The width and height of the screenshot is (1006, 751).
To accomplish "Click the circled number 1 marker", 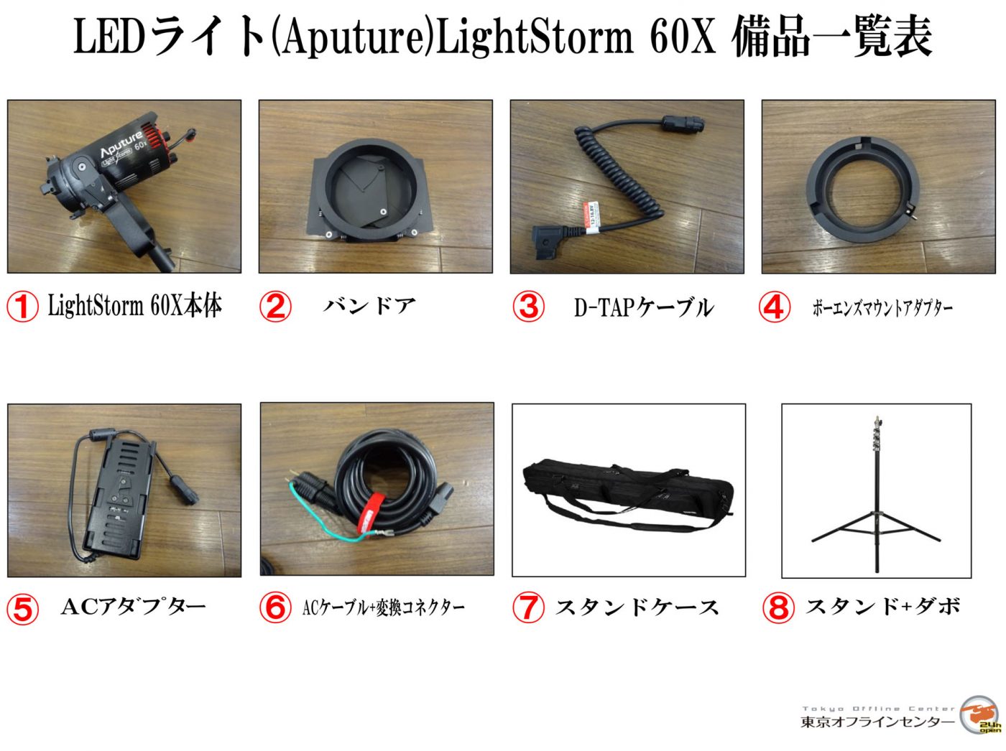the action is (x=22, y=307).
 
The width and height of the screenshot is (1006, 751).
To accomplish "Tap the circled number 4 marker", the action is (x=775, y=307).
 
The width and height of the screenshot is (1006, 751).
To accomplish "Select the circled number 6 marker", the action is (x=275, y=607).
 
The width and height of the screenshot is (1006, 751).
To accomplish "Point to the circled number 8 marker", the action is (x=778, y=607).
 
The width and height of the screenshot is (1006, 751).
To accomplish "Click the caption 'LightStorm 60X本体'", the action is (x=135, y=305).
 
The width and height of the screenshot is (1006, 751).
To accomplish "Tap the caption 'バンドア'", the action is (x=369, y=305).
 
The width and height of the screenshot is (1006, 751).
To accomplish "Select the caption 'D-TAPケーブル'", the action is (x=644, y=307).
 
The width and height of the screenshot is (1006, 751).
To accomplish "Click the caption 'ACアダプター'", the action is (x=134, y=607).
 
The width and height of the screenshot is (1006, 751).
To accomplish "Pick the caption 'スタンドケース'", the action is (x=637, y=607).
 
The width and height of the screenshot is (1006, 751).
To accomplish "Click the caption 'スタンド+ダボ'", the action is (x=883, y=606).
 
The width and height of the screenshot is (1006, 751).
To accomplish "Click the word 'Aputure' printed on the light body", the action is (x=122, y=144).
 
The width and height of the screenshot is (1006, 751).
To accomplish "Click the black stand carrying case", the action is (x=627, y=495).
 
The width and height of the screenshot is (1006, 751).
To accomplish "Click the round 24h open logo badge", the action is (x=980, y=715).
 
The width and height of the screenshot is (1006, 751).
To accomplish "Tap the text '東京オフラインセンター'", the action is (x=877, y=722).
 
